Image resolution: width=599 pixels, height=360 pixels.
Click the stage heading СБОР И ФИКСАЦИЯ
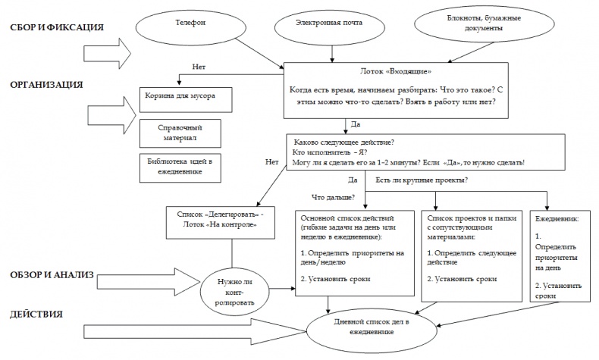pos(57,28)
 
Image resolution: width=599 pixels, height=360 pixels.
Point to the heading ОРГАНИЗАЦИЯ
pos(46,84)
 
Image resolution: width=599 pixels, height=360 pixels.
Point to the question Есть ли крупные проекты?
pos(421,180)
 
